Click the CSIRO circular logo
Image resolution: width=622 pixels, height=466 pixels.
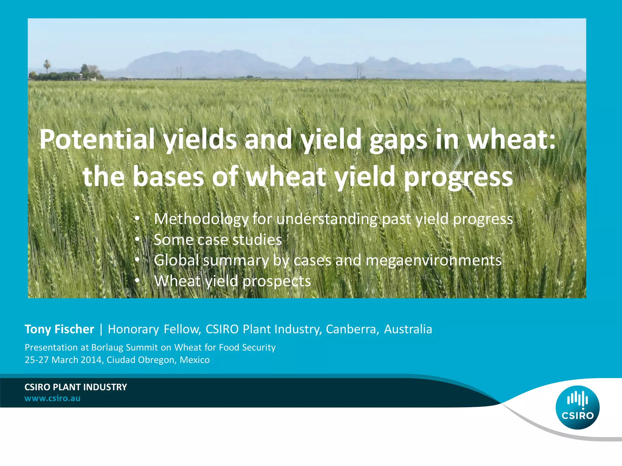coord(577,407)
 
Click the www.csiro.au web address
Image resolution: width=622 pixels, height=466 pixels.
coord(52,398)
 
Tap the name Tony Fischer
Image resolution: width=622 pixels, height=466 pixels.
coord(59,329)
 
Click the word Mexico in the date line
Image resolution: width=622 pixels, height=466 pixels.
coord(195,360)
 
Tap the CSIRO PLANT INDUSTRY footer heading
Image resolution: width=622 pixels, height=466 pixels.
coord(76,387)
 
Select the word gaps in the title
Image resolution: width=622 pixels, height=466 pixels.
coord(398,140)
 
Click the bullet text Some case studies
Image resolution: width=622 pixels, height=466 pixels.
coord(218,240)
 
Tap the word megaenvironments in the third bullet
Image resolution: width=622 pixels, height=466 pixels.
coord(433,260)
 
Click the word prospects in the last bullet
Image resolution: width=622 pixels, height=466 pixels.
coord(277,281)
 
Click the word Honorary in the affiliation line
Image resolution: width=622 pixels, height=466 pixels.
coord(133,329)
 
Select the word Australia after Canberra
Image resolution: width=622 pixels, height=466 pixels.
coord(408,329)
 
